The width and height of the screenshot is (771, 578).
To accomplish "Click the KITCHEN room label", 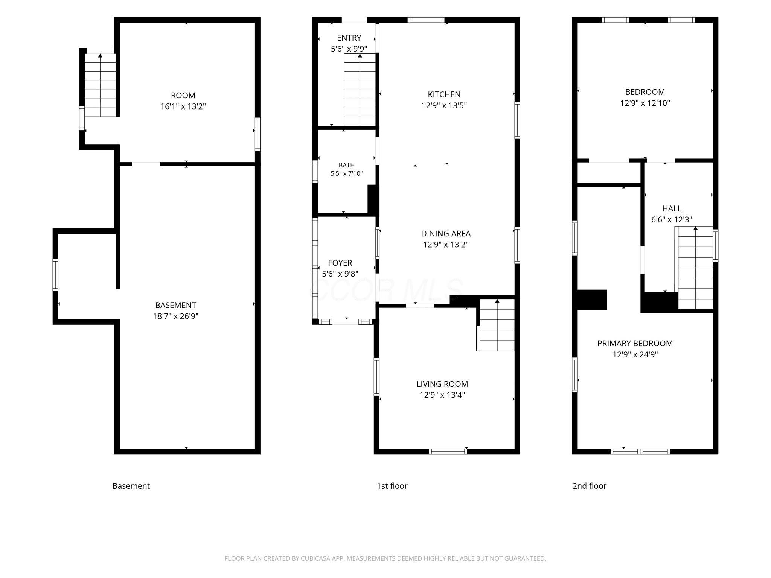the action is click(444, 94).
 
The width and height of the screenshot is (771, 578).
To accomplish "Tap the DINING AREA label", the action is click(446, 234).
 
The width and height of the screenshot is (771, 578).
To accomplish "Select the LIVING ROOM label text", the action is click(442, 384).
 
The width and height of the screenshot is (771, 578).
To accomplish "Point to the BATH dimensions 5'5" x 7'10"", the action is click(347, 173).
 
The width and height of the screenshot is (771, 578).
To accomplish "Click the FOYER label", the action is click(340, 263).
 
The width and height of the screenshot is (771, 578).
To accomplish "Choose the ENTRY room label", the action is click(349, 38).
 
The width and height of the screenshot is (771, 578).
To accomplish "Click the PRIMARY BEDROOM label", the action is click(635, 344).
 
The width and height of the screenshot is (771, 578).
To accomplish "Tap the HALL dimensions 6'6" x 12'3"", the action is click(672, 219).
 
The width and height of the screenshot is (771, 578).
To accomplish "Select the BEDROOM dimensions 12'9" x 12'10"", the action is click(645, 103).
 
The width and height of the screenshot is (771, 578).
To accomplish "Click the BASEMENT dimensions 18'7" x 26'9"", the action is click(176, 316).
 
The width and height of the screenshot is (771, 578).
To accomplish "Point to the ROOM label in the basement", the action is click(183, 96).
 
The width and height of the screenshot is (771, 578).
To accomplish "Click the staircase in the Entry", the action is click(360, 90).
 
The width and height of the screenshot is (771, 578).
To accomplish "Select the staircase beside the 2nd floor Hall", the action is click(695, 268).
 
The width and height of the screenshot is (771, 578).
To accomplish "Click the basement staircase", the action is click(100, 85).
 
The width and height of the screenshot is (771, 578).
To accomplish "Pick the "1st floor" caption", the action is click(392, 486).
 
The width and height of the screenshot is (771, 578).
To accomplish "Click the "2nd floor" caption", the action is click(590, 486).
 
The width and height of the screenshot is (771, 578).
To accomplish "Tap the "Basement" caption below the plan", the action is click(131, 486).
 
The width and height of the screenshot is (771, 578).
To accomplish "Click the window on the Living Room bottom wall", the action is click(448, 452).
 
